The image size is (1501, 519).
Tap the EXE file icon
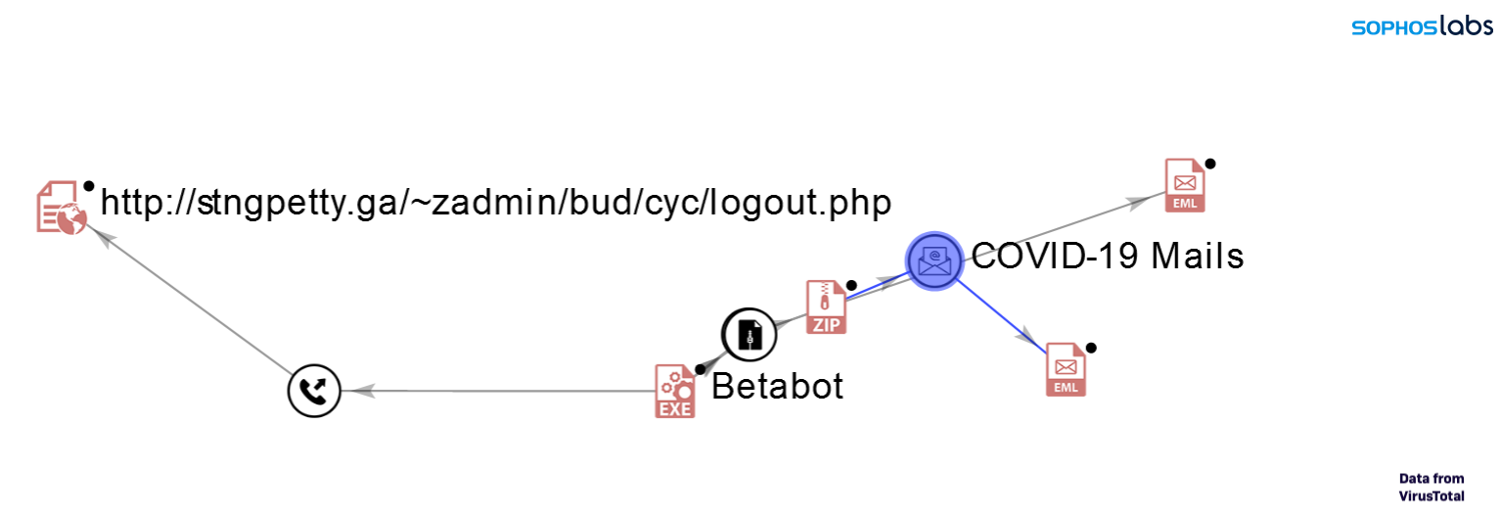coord(674,392)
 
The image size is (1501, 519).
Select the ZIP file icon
coord(826,307)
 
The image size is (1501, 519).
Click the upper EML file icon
coord(1185,185)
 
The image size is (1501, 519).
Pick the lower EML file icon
coord(1066,369)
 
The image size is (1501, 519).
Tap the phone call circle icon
coord(313,392)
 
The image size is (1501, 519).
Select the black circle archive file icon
coord(749,335)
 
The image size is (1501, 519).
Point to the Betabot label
coord(777,387)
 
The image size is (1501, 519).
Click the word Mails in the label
coord(1196,257)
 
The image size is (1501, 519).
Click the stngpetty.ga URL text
coord(496,203)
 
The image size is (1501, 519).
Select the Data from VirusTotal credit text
coord(1432,487)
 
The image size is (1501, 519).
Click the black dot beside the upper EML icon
coord(1210,164)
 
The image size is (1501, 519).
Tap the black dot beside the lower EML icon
coord(1091,348)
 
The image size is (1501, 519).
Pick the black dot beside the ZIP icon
coord(851,286)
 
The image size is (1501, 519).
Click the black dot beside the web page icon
coord(88,185)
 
